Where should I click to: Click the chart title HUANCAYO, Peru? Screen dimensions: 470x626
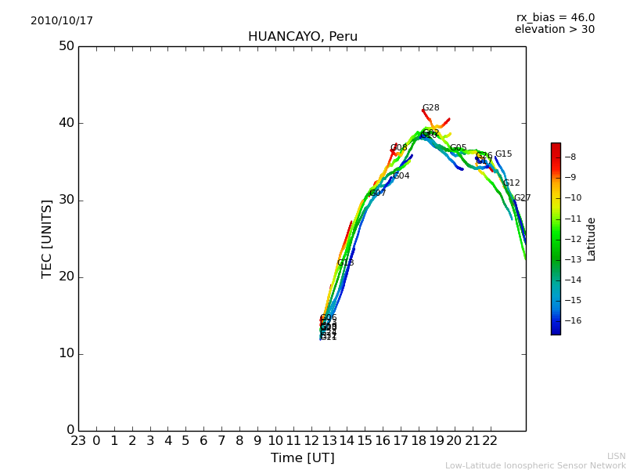click(303, 37)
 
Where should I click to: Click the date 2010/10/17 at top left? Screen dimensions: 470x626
click(62, 21)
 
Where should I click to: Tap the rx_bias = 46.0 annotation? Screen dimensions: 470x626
click(555, 17)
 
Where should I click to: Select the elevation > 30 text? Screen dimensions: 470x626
click(554, 30)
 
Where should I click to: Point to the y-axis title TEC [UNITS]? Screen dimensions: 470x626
click(47, 238)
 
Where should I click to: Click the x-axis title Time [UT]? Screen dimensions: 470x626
click(302, 458)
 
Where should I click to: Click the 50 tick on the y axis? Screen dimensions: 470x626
click(66, 46)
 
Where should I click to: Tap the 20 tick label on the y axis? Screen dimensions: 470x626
click(66, 277)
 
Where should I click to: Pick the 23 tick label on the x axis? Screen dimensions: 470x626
click(78, 441)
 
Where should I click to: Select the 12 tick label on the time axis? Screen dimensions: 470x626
click(311, 441)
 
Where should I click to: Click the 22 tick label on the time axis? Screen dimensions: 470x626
click(490, 441)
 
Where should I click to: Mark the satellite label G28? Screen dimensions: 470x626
click(430, 108)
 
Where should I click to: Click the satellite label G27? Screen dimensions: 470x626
click(522, 198)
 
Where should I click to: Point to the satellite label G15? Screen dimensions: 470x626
click(503, 154)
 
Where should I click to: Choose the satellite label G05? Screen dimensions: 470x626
click(458, 148)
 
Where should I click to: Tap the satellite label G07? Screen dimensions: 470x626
click(378, 193)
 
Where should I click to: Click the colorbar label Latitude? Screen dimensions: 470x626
click(592, 239)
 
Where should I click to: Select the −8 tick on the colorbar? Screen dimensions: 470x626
click(570, 157)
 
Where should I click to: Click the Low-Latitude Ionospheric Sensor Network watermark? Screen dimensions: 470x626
click(535, 465)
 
